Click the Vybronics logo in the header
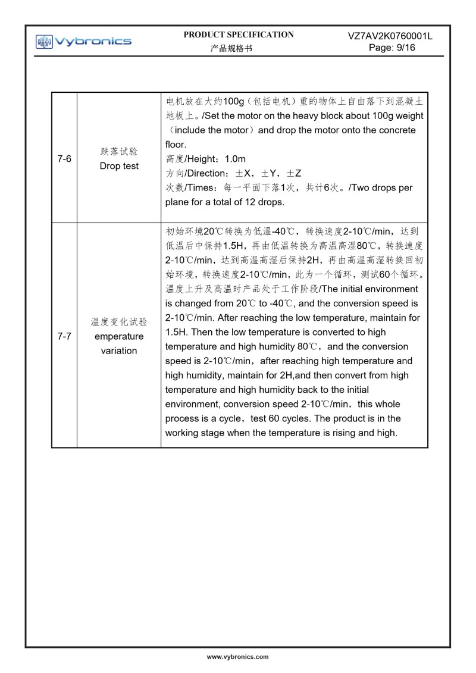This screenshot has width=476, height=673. pos(83,41)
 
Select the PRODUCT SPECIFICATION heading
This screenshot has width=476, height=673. pos(239,35)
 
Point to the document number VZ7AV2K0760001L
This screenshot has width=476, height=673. pos(390,36)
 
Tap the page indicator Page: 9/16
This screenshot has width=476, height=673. pos(392,48)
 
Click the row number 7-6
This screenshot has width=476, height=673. pos(64,159)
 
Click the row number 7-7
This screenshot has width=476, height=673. pos(64,336)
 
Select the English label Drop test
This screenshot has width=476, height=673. pos(119,166)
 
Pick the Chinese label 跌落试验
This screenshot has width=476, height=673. pos(119,152)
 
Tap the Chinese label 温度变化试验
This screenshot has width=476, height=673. pos(119,322)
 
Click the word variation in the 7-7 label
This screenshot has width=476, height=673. pos(119,350)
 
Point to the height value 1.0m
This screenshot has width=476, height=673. pos(236,159)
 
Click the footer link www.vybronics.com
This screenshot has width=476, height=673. pos(237,657)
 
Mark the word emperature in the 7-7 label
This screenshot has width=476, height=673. pos(119,336)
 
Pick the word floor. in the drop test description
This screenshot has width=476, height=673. pos(176,145)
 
